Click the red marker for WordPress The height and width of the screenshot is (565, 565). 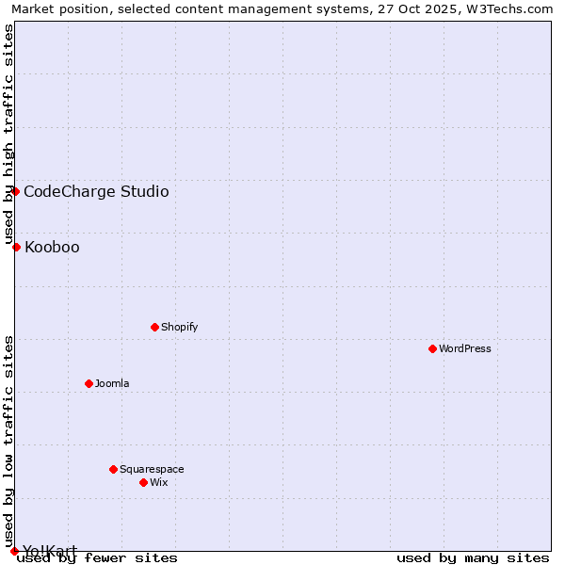point(432,348)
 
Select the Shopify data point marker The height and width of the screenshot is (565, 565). point(154,327)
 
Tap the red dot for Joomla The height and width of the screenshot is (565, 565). point(89,383)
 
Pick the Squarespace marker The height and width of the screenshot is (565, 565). point(113,469)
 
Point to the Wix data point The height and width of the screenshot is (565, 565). point(143,482)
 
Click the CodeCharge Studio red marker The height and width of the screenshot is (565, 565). point(15,191)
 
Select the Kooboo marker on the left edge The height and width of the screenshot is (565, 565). point(16,247)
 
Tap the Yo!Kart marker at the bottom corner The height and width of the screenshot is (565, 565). point(14,551)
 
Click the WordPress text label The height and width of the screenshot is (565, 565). point(465,349)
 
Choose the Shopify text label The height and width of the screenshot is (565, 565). point(179,328)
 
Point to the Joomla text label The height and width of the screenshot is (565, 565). point(112,384)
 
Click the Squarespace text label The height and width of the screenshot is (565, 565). point(152,470)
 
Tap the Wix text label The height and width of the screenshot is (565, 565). point(158,483)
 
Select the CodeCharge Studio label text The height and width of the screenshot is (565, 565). point(96,192)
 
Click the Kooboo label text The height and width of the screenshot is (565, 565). point(52,248)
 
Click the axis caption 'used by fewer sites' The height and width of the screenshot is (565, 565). point(98,558)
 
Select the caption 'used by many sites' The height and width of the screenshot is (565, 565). point(473,558)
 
